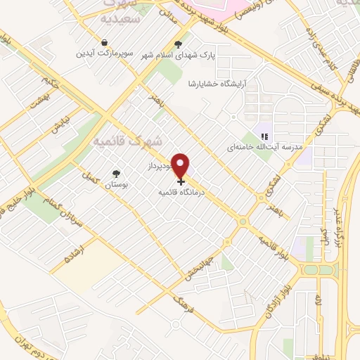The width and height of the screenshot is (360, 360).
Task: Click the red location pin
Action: click(181, 166)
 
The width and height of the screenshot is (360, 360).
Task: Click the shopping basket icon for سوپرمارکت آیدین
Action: click(104, 41)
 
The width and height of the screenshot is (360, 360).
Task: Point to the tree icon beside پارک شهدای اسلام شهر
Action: click(187, 43)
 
